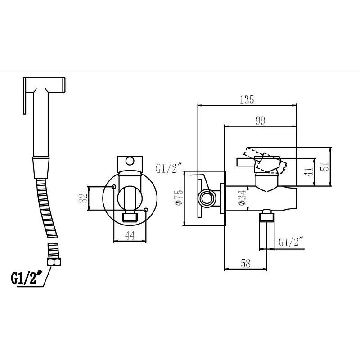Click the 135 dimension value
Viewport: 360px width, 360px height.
[x=247, y=100]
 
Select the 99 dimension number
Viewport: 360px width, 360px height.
[x=261, y=121]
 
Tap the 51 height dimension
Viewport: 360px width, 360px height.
[x=324, y=166]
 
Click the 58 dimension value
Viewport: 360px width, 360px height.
[x=246, y=263]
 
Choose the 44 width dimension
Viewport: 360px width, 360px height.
[x=130, y=235]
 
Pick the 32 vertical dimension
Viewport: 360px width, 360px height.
[x=83, y=198]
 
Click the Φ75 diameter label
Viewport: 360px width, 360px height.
[x=179, y=198]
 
